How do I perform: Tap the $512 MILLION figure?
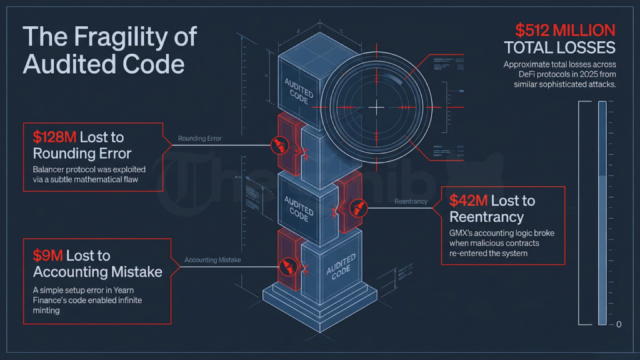pyautogui.click(x=565, y=29)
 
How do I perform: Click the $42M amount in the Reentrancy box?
pyautogui.click(x=468, y=201)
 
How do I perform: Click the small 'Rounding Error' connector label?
pyautogui.click(x=199, y=138)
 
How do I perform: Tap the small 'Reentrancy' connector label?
pyautogui.click(x=411, y=201)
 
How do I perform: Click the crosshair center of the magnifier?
pyautogui.click(x=376, y=108)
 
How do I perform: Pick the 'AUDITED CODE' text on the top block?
pyautogui.click(x=299, y=91)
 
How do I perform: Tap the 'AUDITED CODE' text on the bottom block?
pyautogui.click(x=341, y=266)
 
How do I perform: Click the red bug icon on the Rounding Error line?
pyautogui.click(x=276, y=145)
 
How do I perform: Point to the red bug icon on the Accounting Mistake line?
pyautogui.click(x=288, y=267)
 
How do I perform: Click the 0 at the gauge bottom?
pyautogui.click(x=618, y=324)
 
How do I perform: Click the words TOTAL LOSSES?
pyautogui.click(x=559, y=47)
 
